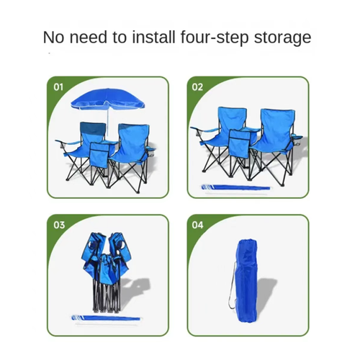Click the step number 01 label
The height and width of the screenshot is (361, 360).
coord(59,87)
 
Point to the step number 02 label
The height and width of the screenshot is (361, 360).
coord(198,87)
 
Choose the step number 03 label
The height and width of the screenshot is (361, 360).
coord(59,226)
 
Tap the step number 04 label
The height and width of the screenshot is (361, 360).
coord(198,226)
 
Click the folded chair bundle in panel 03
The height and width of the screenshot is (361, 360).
coord(108,270)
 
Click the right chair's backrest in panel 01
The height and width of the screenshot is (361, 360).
coord(132,138)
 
